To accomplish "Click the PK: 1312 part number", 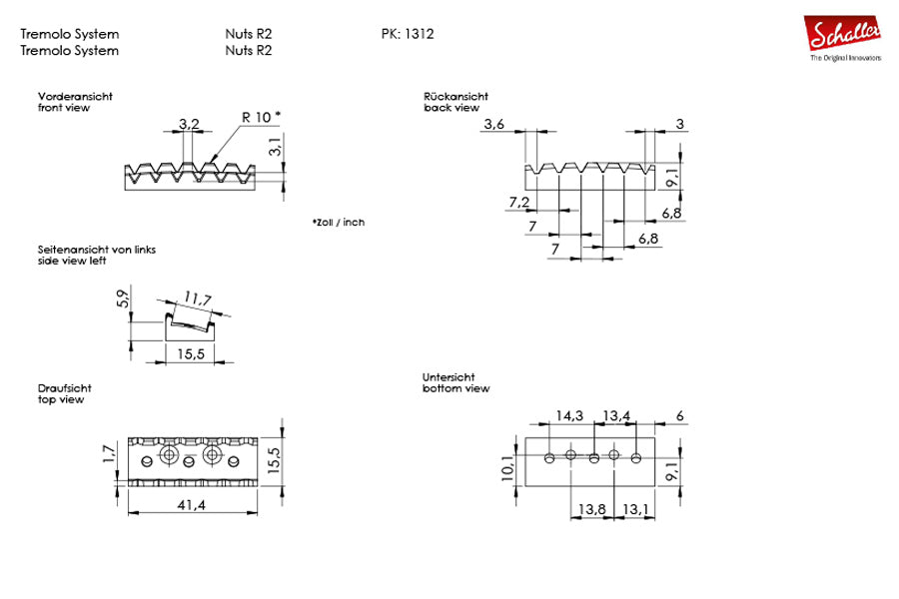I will click(408, 33).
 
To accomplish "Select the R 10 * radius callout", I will click(262, 116).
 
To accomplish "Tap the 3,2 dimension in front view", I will click(189, 124).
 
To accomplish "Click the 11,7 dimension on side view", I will click(198, 299).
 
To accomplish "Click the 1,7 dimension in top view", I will click(109, 456).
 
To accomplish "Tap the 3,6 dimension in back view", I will click(494, 124).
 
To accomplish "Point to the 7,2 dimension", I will click(518, 203).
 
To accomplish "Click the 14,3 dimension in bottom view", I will click(569, 414).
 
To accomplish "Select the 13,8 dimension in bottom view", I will click(592, 510).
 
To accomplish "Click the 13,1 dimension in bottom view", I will click(636, 510).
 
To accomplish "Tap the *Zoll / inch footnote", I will click(338, 222).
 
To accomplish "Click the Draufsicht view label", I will click(66, 388).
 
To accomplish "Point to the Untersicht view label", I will click(450, 376).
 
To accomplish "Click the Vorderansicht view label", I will click(75, 96).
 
